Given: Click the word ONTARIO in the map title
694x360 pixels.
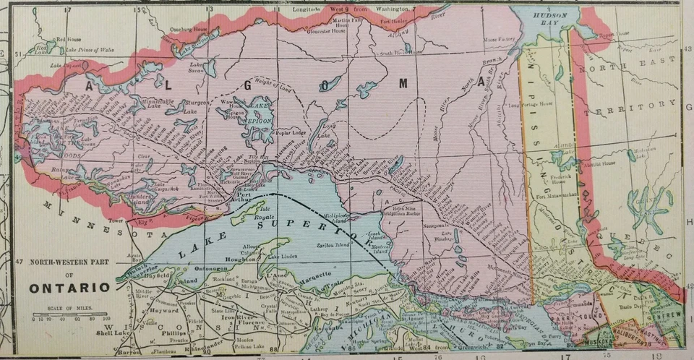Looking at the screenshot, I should coord(70,288).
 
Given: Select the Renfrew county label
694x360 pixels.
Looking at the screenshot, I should coord(667,317).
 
